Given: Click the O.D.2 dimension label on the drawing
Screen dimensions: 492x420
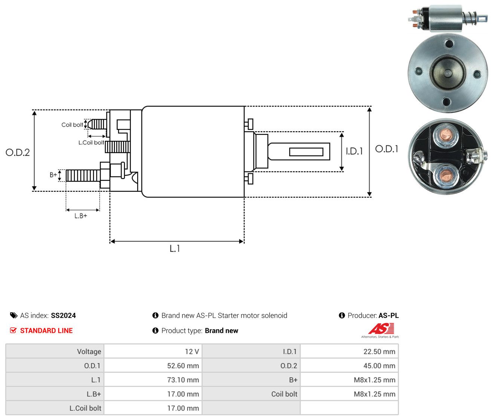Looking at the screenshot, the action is click(x=18, y=152).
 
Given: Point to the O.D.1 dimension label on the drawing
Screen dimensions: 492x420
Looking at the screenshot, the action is click(x=387, y=149).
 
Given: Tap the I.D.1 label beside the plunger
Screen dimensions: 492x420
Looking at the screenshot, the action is click(x=354, y=151).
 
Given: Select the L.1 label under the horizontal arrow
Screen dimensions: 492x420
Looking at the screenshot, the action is click(x=175, y=248).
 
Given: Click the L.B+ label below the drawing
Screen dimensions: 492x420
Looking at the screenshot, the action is click(x=81, y=216).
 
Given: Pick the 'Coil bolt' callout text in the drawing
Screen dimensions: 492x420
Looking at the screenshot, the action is click(x=72, y=125).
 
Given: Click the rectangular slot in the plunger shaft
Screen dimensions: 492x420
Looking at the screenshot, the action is click(x=306, y=152).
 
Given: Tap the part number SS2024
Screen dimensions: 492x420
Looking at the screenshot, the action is click(x=63, y=315).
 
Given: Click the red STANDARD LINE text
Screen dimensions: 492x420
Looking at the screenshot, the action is click(x=46, y=331).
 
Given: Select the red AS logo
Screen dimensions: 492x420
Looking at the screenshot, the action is click(x=381, y=328).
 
